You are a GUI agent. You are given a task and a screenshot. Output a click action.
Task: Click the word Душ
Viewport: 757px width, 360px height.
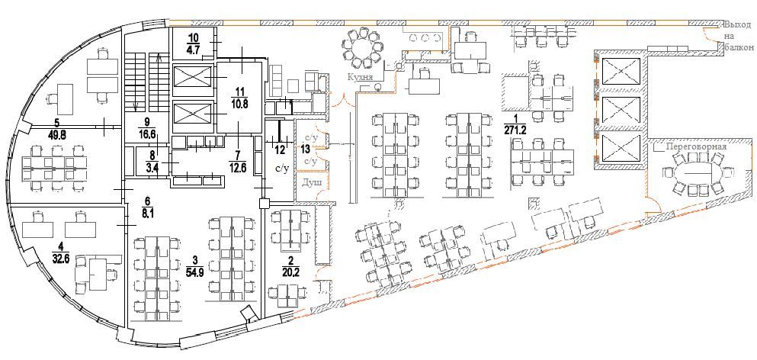click(309, 182)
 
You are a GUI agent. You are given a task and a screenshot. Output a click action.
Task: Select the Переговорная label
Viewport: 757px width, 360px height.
click(690, 146)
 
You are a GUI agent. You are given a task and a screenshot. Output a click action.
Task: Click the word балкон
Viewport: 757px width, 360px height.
click(738, 47)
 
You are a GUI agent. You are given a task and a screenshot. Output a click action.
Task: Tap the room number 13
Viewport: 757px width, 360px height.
click(306, 149)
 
